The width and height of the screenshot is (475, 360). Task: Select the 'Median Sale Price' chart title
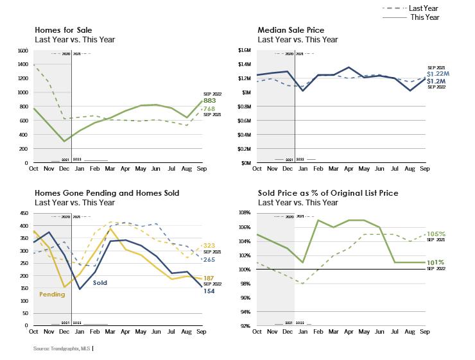coord(291,30)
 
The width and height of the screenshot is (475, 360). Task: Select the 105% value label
coord(436,234)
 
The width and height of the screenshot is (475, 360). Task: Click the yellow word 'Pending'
coord(51,295)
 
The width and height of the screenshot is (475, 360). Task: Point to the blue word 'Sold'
coord(100,282)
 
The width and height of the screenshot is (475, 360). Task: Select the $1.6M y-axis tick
coord(245,51)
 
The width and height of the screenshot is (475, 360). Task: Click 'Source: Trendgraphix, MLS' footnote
coord(62,348)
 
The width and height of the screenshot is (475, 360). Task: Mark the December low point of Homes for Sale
coord(64,141)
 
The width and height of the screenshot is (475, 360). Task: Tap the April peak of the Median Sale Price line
coord(348,67)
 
